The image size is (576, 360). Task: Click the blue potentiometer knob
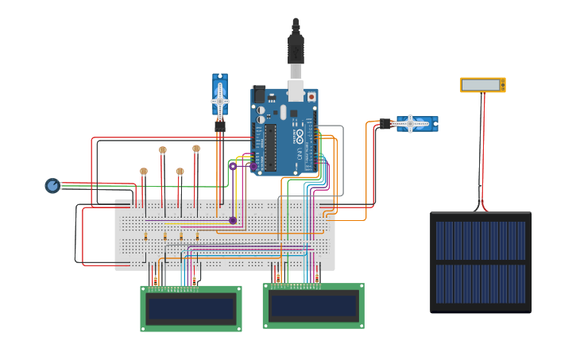(x=52, y=186)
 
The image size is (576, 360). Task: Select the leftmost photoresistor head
(x=144, y=172)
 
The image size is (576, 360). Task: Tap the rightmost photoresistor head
(x=196, y=149)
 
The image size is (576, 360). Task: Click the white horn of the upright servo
(x=219, y=99)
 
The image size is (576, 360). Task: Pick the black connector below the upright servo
(x=220, y=126)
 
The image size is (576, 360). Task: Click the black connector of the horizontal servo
(x=385, y=123)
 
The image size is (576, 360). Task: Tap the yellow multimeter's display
(x=481, y=84)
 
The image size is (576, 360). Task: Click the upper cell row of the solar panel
(x=481, y=241)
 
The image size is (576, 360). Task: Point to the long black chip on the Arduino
(x=270, y=148)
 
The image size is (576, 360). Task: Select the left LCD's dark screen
(x=191, y=308)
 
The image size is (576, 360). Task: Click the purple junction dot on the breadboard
(x=233, y=220)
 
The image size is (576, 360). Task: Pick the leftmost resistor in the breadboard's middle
(x=146, y=236)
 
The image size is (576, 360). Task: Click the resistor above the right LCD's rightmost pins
(x=317, y=277)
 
